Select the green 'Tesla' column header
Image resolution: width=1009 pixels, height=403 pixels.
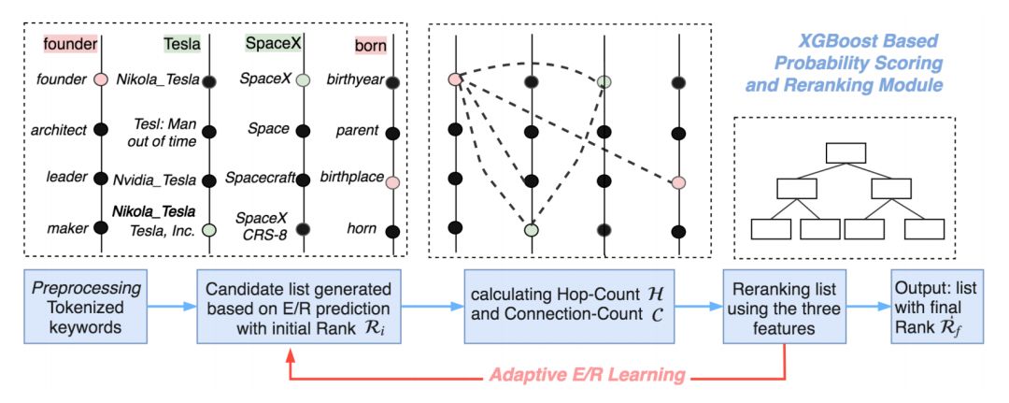click(181, 44)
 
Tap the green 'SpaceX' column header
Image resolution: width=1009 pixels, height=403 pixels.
click(269, 44)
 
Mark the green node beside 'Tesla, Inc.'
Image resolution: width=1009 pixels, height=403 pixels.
click(210, 228)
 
